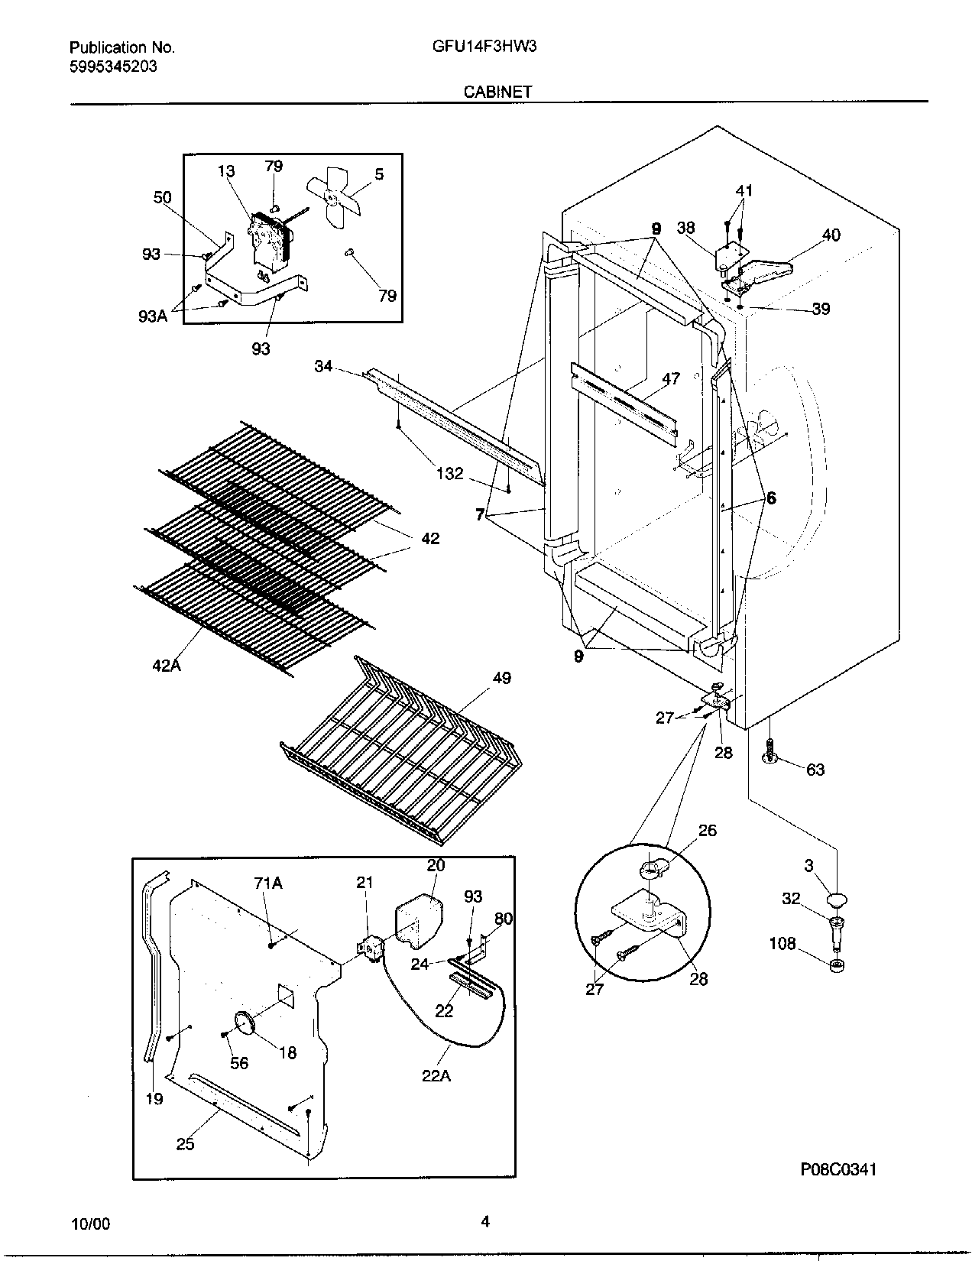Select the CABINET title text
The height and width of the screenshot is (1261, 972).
click(x=497, y=92)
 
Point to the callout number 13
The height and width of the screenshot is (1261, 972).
click(x=226, y=171)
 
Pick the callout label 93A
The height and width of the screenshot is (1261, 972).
click(x=153, y=315)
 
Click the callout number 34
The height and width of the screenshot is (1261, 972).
click(x=323, y=366)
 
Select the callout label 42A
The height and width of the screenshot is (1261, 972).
click(x=166, y=665)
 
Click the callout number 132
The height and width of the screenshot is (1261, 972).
click(x=449, y=474)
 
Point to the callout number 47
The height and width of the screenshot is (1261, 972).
click(x=670, y=378)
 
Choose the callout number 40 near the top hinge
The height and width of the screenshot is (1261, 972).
click(x=831, y=235)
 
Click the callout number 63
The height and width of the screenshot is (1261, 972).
click(x=815, y=770)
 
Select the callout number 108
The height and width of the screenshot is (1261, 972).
click(x=782, y=945)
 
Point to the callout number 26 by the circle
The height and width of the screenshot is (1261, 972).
click(x=708, y=830)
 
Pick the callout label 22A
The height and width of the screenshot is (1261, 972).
click(x=436, y=1076)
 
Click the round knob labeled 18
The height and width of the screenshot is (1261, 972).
click(x=244, y=1022)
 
